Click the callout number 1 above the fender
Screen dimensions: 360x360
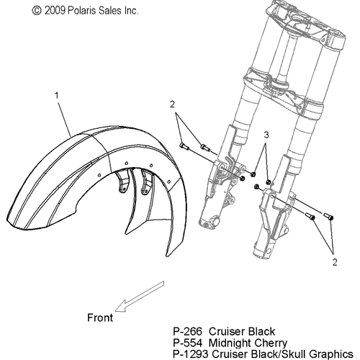57,96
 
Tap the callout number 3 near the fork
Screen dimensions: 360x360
266,135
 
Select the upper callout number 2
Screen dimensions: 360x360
172,104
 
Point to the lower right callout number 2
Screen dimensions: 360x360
335,262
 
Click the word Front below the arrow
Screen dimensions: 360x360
100,318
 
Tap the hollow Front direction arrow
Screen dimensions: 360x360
140,297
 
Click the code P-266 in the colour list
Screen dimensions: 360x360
188,331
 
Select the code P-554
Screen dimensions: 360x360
188,343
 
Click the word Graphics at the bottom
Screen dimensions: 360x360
331,354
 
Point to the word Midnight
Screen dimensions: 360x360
230,343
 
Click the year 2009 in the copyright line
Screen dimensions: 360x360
55,11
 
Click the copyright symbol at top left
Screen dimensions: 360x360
37,11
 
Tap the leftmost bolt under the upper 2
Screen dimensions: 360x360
184,146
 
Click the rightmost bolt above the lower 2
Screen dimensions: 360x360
328,216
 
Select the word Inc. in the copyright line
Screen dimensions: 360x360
131,11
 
